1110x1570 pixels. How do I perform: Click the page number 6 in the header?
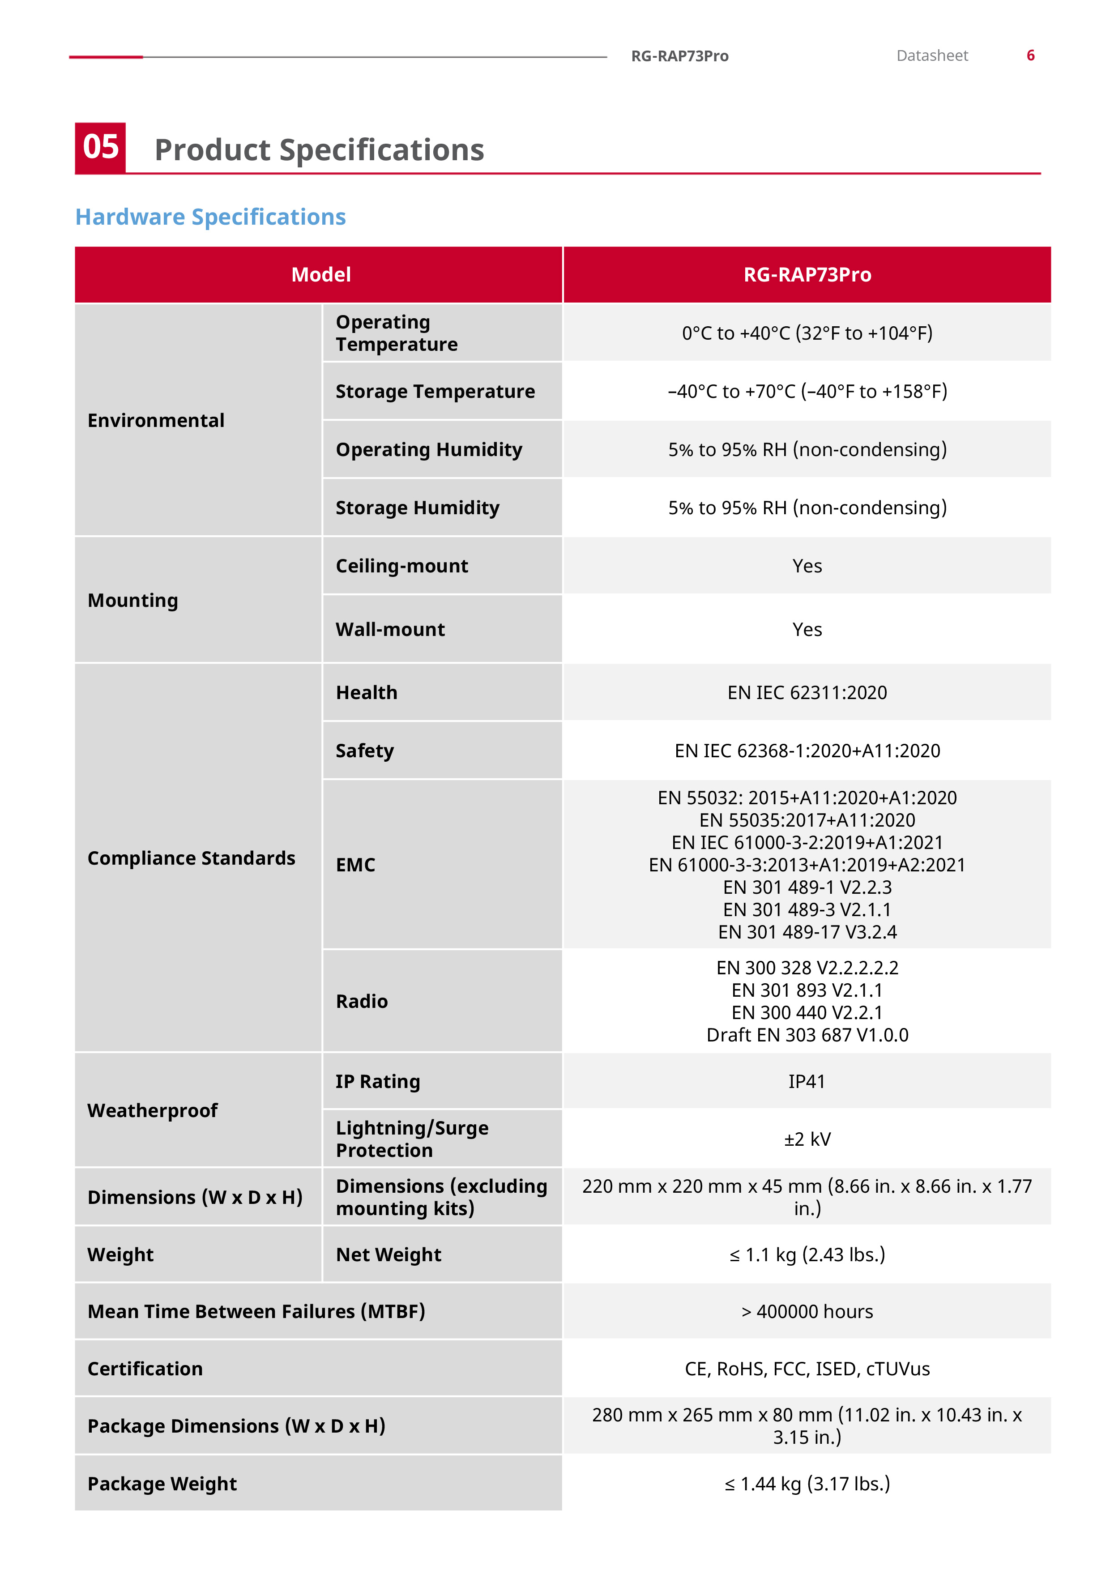tap(1030, 55)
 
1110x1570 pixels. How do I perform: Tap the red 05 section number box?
tap(101, 148)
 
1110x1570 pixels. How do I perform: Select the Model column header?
tap(321, 275)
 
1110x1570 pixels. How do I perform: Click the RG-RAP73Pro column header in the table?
tap(807, 275)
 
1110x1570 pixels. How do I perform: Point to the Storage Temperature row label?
tap(435, 391)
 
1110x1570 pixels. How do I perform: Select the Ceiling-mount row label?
tap(401, 566)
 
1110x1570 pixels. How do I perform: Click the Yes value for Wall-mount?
tap(807, 629)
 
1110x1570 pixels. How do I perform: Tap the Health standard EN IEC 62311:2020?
tap(807, 693)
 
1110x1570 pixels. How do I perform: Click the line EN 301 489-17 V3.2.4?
tap(807, 932)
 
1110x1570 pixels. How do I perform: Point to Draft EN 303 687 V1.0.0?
tap(807, 1035)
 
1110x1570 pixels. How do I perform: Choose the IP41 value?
tap(807, 1081)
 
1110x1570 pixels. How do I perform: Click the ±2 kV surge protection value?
tap(807, 1139)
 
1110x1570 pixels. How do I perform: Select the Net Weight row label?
tap(388, 1255)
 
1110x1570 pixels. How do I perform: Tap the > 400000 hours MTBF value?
tap(807, 1311)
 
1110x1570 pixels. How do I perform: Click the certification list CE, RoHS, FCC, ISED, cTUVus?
tap(807, 1369)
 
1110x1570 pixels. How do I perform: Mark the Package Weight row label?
tap(162, 1484)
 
